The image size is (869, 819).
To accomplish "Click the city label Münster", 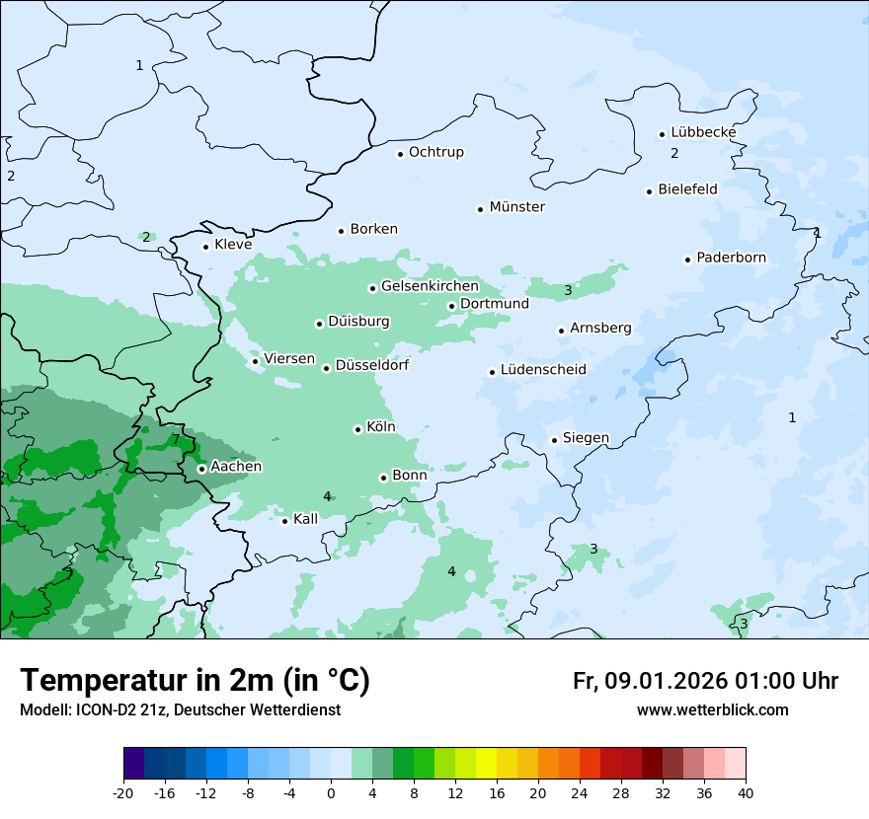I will pos(517,207).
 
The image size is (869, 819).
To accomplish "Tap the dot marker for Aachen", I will pos(201,469).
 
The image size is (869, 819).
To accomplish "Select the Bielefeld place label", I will pos(687,188).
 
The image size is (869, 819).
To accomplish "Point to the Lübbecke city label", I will pos(703,132).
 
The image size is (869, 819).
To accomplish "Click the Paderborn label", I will pos(731,258).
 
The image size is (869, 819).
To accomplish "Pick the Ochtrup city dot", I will pos(400,153).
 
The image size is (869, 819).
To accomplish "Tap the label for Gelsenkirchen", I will pos(429,286).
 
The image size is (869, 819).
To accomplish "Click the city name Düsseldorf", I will pos(371,366).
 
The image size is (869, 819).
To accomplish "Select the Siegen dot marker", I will pos(555,440).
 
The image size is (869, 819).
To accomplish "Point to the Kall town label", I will pos(305,519).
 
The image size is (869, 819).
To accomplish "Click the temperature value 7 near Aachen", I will pos(176,439).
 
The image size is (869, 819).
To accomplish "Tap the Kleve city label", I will pos(233,245).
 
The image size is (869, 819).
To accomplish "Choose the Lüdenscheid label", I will pos(543,370).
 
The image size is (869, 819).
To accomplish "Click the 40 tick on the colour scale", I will pos(745,793).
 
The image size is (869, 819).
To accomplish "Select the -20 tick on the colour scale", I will pos(123,793).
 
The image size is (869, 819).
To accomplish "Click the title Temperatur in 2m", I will pos(195,680).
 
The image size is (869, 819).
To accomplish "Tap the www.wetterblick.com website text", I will pos(712,709).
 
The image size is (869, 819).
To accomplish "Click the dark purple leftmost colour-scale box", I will pos(133,764).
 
